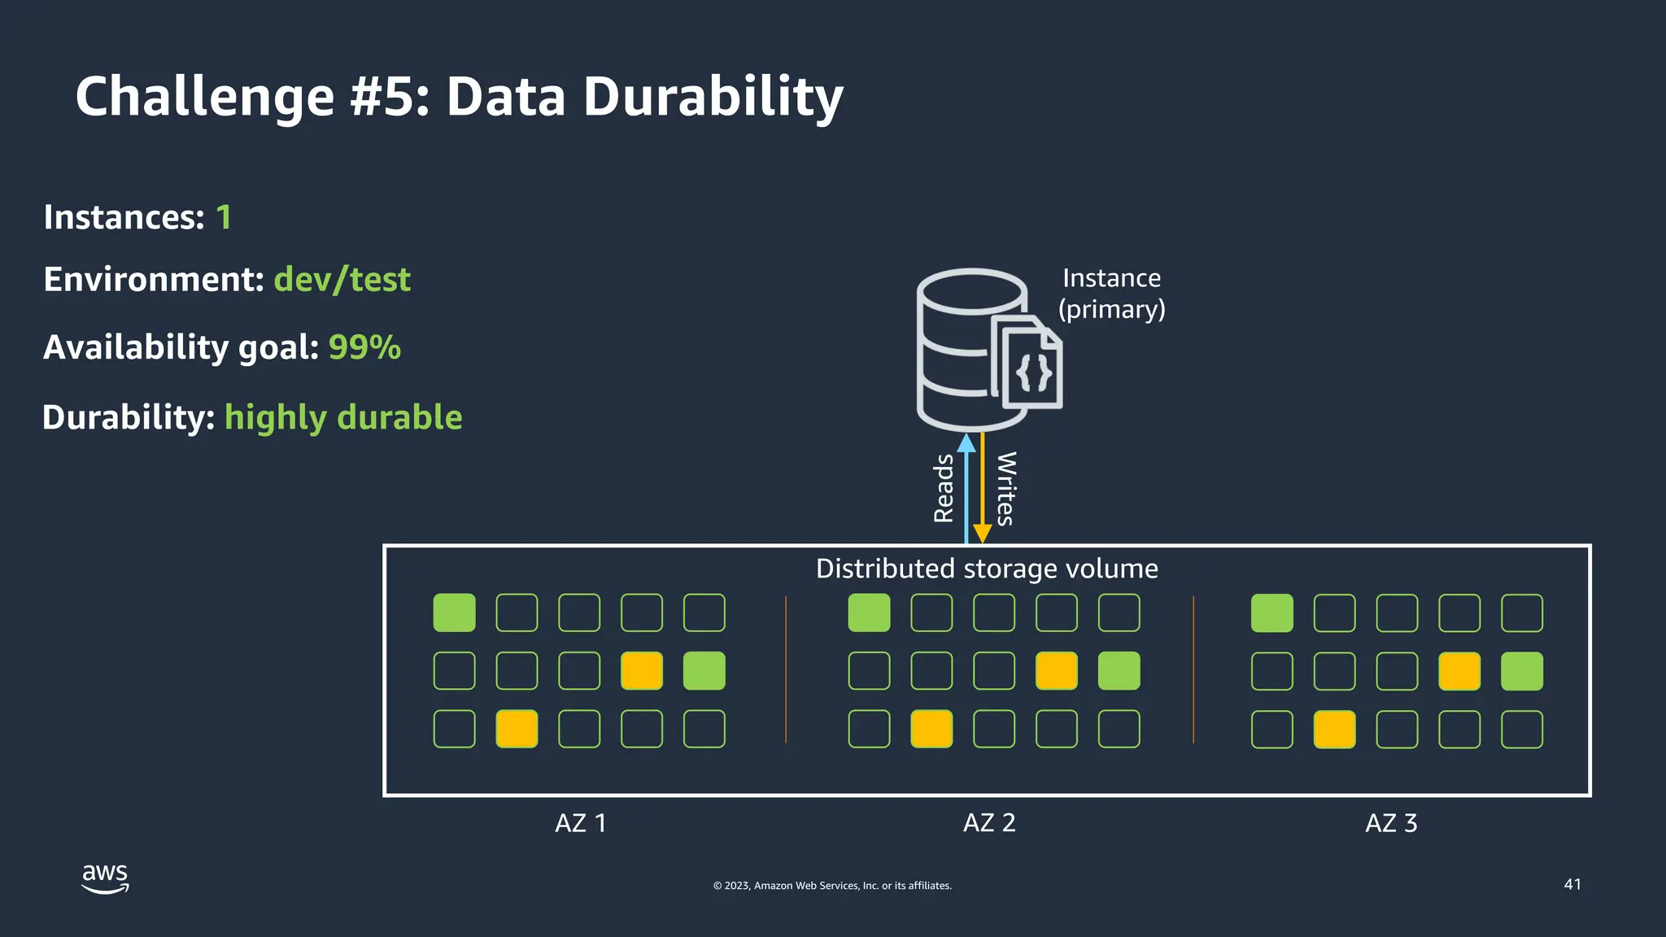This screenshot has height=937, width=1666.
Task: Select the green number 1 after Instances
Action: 224,218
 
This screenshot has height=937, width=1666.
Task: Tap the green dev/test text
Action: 342,280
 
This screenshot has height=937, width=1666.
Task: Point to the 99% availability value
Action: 364,347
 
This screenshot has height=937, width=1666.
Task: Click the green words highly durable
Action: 343,417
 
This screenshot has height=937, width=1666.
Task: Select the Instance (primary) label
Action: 1111,294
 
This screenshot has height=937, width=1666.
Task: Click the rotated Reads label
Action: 944,489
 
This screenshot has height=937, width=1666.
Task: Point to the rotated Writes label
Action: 1006,489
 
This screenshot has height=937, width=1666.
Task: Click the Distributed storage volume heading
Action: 987,569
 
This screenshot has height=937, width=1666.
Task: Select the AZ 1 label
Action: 580,823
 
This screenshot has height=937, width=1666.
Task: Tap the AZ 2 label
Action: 989,823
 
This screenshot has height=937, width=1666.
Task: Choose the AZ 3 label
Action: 1391,823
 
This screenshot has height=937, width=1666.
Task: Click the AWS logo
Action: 105,878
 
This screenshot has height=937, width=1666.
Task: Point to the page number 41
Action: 1572,884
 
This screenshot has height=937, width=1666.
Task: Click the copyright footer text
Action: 832,886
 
